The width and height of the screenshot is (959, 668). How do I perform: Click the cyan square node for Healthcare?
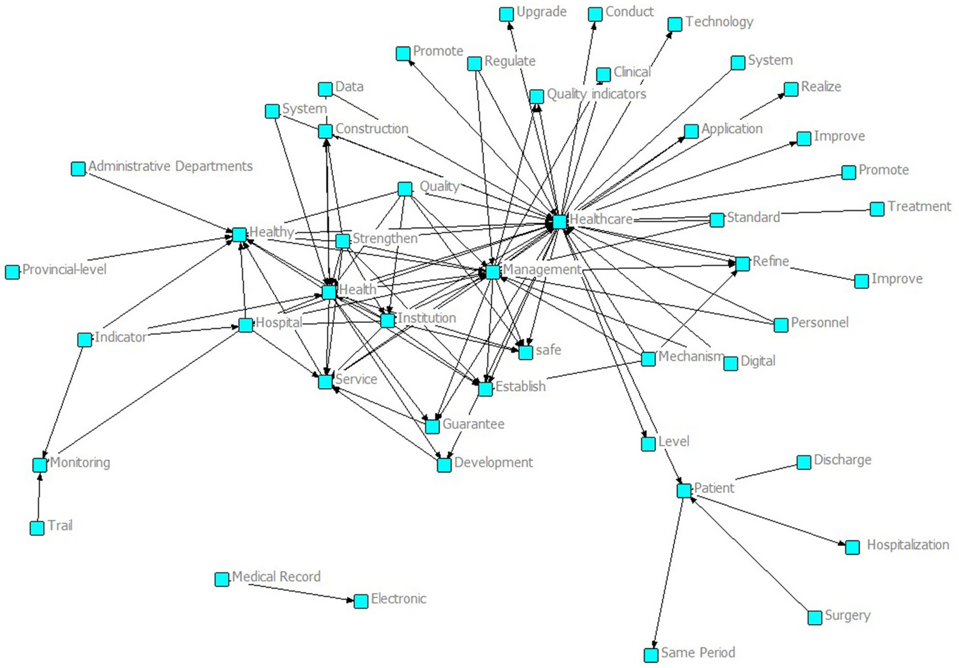click(560, 221)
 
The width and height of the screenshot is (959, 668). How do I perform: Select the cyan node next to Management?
click(492, 272)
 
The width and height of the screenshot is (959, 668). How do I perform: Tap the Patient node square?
click(684, 491)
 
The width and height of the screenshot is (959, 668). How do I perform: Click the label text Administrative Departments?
click(170, 166)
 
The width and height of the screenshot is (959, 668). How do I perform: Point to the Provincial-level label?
click(64, 269)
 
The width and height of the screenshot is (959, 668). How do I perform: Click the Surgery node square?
click(815, 618)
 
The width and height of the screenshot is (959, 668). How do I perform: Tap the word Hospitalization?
click(908, 545)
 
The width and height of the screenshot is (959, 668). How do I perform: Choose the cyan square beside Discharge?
click(804, 462)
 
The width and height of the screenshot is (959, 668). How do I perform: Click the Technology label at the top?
click(719, 22)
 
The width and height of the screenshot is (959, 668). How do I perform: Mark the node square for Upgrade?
click(506, 14)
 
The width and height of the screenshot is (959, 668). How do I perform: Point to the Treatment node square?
click(877, 209)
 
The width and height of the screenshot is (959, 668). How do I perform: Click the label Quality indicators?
click(596, 94)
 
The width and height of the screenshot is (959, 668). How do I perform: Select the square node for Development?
click(444, 465)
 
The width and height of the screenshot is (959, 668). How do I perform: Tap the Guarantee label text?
click(473, 424)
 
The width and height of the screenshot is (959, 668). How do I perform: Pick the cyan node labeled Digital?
click(731, 363)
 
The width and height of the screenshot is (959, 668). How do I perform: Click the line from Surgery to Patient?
click(752, 557)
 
